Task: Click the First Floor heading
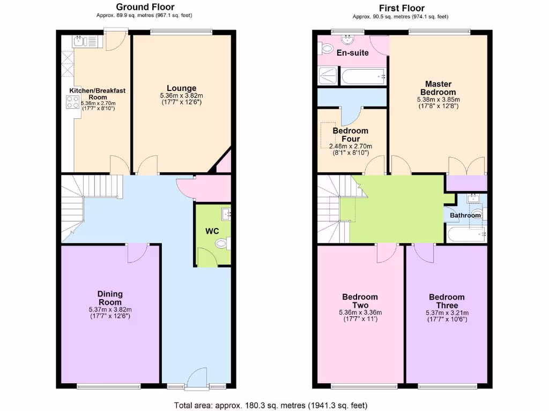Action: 402,8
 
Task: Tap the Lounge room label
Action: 181,88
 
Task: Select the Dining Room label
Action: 110,299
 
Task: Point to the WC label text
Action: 212,231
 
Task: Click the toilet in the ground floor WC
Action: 222,244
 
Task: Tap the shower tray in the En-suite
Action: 328,76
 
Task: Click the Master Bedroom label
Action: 438,88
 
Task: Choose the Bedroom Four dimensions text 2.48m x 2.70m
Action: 351,146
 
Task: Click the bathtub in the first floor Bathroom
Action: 465,233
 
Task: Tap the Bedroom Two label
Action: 360,301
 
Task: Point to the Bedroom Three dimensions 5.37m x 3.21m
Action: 447,313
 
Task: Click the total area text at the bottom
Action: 271,405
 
